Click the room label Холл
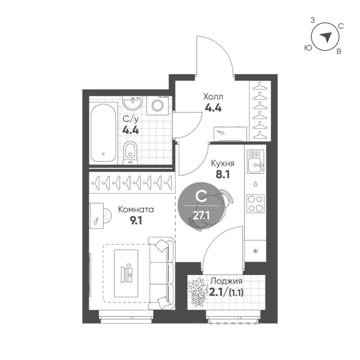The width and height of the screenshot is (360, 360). coord(213,97)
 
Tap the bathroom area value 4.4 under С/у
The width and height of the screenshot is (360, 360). coord(130,130)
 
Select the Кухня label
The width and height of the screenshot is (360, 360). coord(223,164)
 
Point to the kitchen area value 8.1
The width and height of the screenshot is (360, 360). coord(223,175)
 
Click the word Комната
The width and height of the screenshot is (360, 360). coord(136,210)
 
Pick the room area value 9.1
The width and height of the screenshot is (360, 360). coord(136,220)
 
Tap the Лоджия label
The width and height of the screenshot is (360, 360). coord(226,282)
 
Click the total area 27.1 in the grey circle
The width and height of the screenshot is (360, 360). coord(201,216)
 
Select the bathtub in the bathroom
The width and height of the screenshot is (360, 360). coord(103,133)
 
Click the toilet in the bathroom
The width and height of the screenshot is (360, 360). coord(130,153)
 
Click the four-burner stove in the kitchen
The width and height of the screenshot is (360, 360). coord(255,203)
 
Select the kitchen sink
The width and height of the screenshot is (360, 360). coord(255,162)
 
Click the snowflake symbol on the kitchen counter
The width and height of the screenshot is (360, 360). coord(255,252)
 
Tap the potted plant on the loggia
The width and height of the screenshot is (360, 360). coord(196,292)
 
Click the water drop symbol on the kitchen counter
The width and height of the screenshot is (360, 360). coord(255,184)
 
